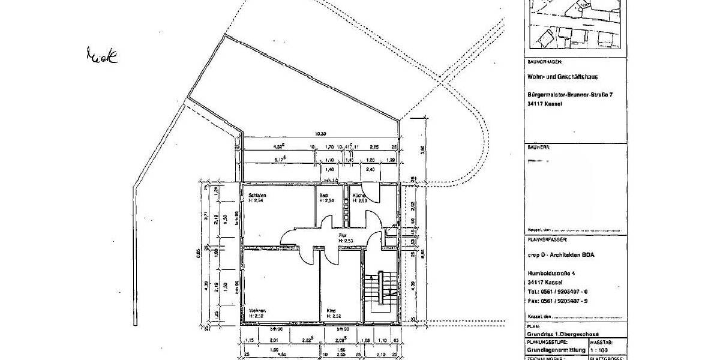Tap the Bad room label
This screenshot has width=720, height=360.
pyautogui.click(x=323, y=196)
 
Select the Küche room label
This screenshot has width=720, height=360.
pyautogui.click(x=359, y=196)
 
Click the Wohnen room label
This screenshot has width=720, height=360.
pyautogui.click(x=257, y=311)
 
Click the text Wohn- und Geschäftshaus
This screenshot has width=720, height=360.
pyautogui.click(x=563, y=77)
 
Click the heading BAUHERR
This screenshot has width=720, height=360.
pyautogui.click(x=538, y=146)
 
